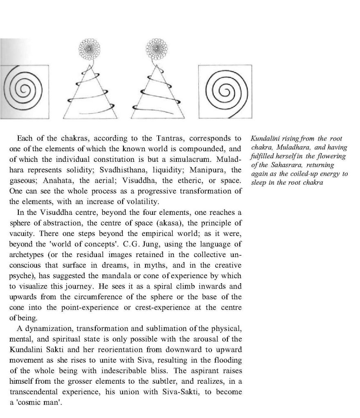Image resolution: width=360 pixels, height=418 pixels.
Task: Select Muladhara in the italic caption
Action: [294, 148]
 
